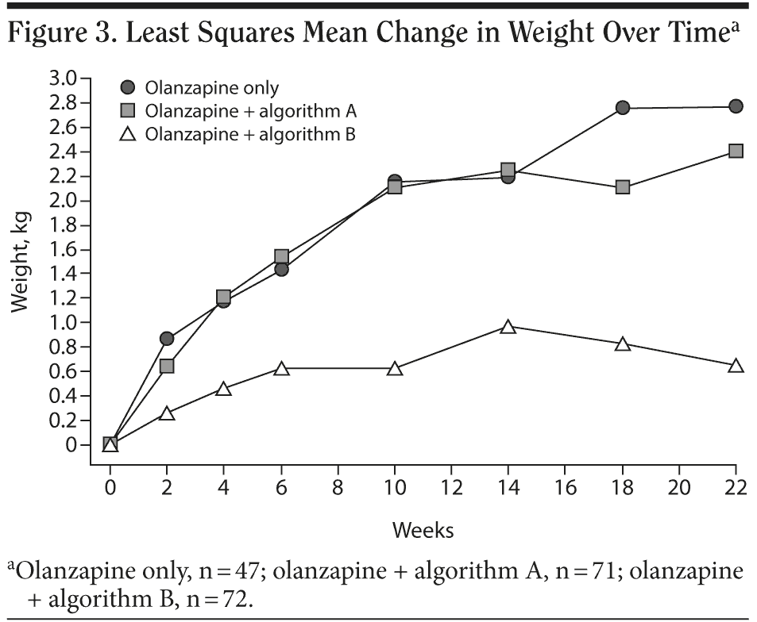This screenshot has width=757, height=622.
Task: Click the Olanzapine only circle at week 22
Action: (x=736, y=106)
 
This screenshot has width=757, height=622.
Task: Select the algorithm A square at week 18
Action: (x=623, y=187)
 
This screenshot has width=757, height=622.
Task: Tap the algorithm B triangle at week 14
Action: (x=508, y=326)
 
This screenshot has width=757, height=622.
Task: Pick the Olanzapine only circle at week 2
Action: (x=167, y=339)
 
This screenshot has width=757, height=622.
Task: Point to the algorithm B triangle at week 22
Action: (x=736, y=366)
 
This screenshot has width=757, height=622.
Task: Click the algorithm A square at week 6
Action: (x=281, y=256)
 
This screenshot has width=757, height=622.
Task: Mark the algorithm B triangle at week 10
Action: (x=395, y=369)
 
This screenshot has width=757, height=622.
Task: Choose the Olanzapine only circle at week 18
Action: (x=623, y=108)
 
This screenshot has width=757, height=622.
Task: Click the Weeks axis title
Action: (x=423, y=528)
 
